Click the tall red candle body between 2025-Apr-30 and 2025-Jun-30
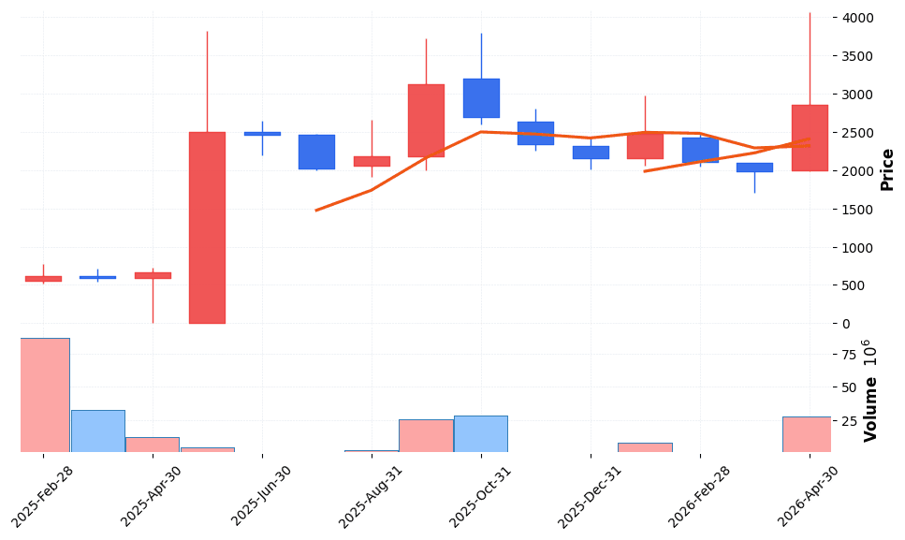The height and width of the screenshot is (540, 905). click(x=207, y=227)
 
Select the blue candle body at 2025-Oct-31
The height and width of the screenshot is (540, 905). click(x=481, y=98)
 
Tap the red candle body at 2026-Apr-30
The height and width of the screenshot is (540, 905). click(x=810, y=138)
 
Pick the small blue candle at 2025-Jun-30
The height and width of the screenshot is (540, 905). click(x=262, y=134)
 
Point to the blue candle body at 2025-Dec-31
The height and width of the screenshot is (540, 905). click(x=591, y=153)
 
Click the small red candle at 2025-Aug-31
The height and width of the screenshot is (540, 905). click(x=372, y=161)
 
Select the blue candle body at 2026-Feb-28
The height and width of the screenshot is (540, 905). click(x=700, y=150)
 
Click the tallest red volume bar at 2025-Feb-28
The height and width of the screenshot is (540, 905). click(x=43, y=395)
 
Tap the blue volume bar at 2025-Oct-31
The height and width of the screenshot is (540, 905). click(x=481, y=434)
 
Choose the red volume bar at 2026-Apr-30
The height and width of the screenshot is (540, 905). click(x=807, y=434)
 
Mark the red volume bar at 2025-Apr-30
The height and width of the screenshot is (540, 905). click(x=153, y=445)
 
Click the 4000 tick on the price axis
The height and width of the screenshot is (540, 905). click(x=858, y=18)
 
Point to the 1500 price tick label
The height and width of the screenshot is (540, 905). click(x=858, y=210)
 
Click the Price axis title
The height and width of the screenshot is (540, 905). click(x=887, y=169)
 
